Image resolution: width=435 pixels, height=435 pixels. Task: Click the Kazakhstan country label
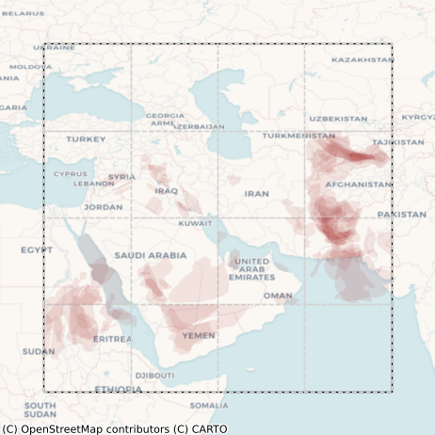[362, 59]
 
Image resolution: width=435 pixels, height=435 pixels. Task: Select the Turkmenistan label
[298, 136]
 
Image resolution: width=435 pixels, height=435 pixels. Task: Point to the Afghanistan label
[358, 185]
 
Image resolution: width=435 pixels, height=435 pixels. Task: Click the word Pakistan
[402, 215]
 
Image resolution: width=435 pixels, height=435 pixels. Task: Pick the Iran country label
[256, 193]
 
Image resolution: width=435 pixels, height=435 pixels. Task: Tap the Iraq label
[166, 190]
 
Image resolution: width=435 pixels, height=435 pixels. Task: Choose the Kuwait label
[195, 223]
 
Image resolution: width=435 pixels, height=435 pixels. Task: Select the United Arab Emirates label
[251, 268]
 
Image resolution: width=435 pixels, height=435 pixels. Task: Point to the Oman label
[277, 296]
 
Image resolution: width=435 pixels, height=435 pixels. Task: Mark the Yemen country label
[199, 335]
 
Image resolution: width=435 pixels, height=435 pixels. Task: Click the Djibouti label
[154, 375]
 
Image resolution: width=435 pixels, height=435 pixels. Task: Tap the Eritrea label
[112, 339]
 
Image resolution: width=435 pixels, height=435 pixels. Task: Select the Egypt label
[37, 250]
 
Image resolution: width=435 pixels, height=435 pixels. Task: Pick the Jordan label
[103, 207]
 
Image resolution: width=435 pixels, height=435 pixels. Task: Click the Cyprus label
[70, 173]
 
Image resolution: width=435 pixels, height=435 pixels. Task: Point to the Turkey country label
[86, 139]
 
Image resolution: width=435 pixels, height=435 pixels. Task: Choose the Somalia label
[208, 406]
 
